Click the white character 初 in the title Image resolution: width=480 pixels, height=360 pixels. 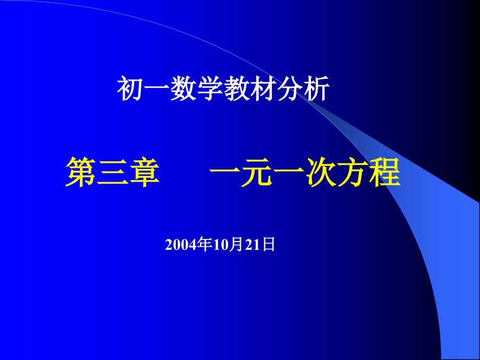(129, 89)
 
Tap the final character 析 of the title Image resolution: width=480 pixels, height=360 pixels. (317, 89)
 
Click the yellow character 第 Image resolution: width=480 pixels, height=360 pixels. (81, 174)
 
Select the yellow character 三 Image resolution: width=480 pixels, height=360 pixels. (112, 174)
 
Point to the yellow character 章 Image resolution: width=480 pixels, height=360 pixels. (142, 174)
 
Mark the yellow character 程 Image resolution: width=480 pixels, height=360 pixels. (385, 174)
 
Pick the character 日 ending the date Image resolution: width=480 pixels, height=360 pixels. (269, 245)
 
